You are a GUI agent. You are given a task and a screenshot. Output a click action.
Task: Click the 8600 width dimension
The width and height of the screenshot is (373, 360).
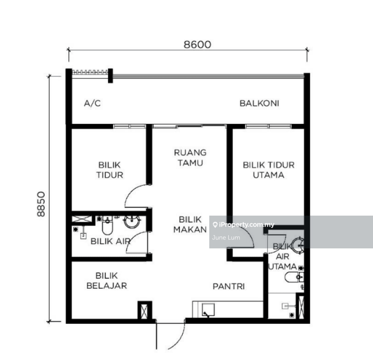tap(197, 45)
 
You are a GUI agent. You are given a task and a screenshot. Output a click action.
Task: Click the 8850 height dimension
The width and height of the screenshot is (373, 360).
tap(41, 204)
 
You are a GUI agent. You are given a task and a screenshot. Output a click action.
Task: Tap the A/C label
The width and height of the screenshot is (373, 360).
tap(92, 104)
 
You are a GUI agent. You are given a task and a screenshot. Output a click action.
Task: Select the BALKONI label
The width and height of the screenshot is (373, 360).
tap(259, 104)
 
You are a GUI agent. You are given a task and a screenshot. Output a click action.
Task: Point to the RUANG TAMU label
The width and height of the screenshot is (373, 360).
tap(190, 158)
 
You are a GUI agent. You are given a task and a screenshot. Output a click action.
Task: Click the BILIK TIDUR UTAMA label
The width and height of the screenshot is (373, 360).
tap(269, 170)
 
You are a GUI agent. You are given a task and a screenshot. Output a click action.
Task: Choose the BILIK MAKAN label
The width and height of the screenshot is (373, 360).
tap(190, 225)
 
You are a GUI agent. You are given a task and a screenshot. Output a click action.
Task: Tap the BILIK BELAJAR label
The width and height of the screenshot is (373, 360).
tap(107, 281)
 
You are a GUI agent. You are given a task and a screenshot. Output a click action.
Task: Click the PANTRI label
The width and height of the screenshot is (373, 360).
tap(229, 286)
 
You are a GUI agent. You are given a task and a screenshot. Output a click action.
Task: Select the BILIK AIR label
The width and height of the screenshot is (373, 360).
tap(111, 241)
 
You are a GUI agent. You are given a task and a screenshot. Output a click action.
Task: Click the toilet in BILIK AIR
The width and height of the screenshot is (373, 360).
tap(107, 226)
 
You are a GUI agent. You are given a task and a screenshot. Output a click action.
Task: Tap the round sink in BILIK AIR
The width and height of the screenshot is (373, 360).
tap(132, 221)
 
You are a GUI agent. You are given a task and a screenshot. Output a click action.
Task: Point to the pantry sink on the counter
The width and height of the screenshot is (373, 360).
tap(208, 310)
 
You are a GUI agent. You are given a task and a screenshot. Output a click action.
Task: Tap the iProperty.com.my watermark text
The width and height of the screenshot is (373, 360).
tap(246, 225)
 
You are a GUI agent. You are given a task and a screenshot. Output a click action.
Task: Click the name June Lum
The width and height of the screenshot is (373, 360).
tap(226, 237)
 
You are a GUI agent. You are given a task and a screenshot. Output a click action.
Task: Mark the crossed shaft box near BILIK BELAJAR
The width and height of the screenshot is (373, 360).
tap(144, 311)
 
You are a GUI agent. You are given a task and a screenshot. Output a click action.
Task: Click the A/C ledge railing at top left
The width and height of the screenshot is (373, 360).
tap(90, 72)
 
